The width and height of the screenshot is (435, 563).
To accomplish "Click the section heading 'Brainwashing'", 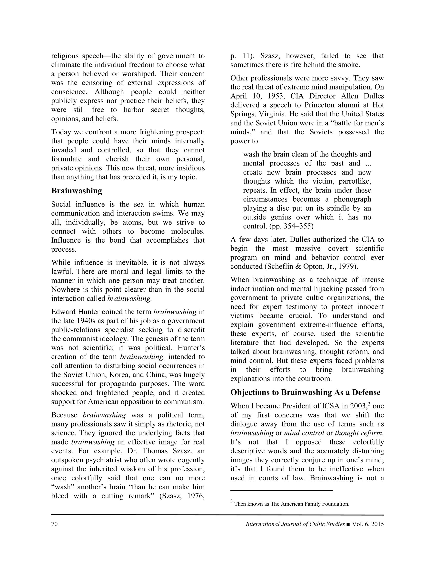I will [77, 191].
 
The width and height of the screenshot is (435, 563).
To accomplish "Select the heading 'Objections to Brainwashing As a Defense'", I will [305, 392].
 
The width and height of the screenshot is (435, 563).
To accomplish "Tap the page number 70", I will [54, 524].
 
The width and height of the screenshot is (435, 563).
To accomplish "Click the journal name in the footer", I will [295, 524].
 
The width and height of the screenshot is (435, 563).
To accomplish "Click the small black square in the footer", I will [349, 524].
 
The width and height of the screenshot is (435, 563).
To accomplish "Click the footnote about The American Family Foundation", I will [292, 504].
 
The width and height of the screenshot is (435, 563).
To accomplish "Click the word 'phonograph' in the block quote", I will [353, 199].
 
